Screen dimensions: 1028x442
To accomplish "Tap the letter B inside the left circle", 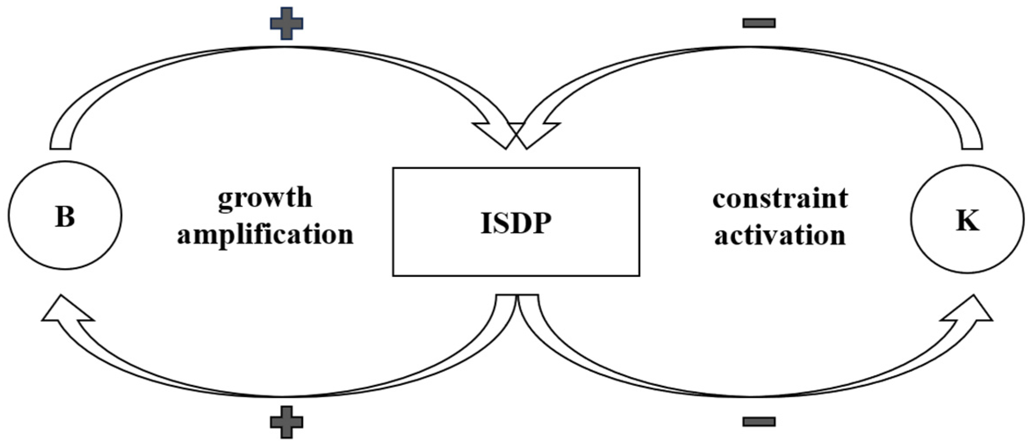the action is point(65,216).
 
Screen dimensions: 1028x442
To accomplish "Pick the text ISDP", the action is point(516,223).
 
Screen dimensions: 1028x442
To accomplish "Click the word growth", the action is point(265,198).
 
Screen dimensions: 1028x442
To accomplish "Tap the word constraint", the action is point(780,198).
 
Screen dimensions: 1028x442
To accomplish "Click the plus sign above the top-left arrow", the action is point(286,23).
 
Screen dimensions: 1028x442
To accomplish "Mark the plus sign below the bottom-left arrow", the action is point(286,422).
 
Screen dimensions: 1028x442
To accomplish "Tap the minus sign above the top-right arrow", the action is point(759,23).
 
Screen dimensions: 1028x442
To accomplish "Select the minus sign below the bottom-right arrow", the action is point(759,422).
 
